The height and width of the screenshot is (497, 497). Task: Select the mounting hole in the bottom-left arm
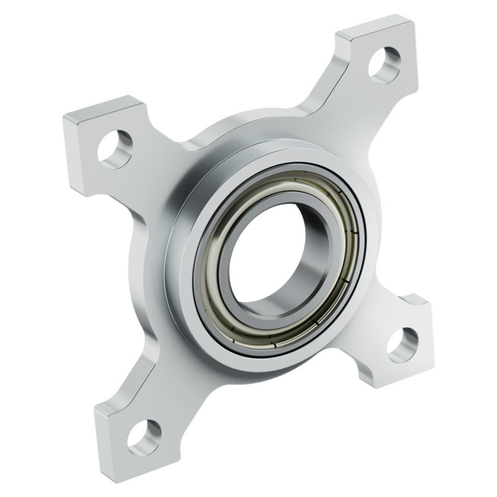(144, 433)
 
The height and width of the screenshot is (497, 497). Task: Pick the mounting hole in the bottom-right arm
(403, 344)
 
